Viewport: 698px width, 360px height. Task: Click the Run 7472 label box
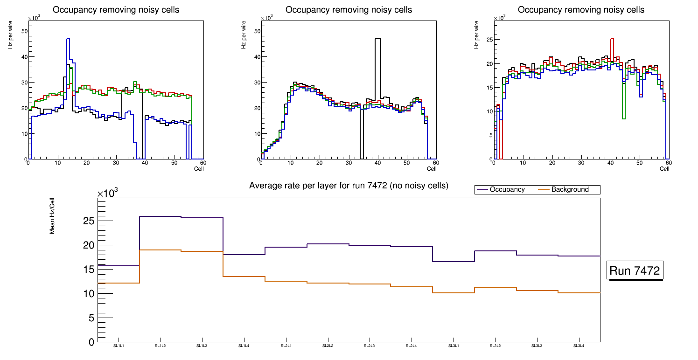click(635, 271)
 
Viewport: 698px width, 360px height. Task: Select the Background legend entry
click(570, 190)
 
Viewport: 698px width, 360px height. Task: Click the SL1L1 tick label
click(119, 346)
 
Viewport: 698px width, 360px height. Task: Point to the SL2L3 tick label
click(370, 346)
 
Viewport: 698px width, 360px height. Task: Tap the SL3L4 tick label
click(579, 346)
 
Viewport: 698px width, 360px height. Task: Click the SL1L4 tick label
click(244, 346)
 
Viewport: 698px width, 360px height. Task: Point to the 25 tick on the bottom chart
click(88, 221)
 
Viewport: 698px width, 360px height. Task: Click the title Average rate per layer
click(349, 186)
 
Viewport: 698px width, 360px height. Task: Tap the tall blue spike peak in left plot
click(68, 39)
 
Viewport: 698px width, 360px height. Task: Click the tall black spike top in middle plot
click(378, 39)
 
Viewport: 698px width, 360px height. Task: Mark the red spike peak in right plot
click(612, 39)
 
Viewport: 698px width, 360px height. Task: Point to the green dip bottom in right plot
click(624, 119)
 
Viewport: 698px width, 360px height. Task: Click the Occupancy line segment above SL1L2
click(161, 216)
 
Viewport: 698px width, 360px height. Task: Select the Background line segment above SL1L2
click(161, 250)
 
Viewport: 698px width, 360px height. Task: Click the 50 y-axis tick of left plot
click(25, 31)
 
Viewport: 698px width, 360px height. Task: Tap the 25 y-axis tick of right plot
click(490, 39)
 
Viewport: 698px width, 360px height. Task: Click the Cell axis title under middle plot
click(432, 168)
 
